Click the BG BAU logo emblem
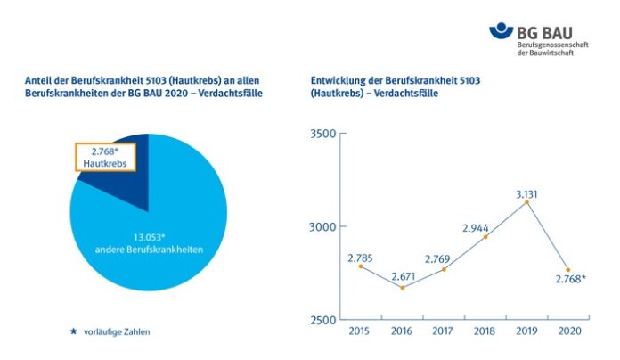(502, 32)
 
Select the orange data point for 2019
(526, 202)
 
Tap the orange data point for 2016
(402, 287)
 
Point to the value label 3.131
(527, 191)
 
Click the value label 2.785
(362, 256)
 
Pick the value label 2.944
(485, 225)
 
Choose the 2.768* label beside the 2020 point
(569, 280)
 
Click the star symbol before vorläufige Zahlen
(74, 331)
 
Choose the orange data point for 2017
(444, 268)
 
